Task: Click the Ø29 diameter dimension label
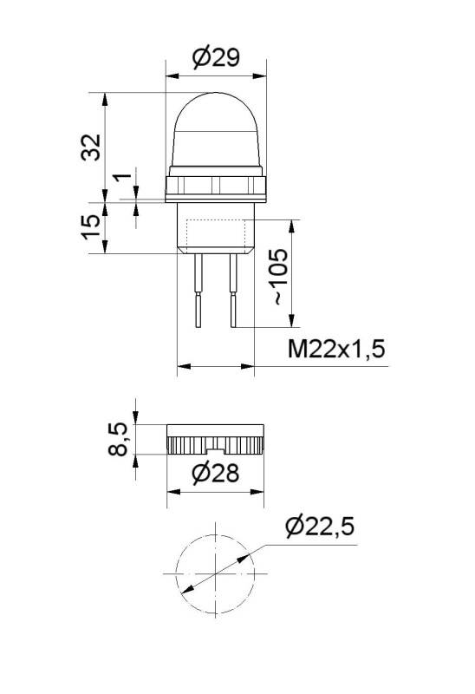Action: pos(215,58)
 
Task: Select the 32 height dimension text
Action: pos(92,147)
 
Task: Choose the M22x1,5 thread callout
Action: pos(336,350)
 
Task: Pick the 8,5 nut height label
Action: pos(121,440)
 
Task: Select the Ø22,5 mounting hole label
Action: pos(319,527)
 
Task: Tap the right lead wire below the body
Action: pos(231,291)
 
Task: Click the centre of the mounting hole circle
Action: pos(214,575)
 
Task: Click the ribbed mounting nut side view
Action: pos(215,441)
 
